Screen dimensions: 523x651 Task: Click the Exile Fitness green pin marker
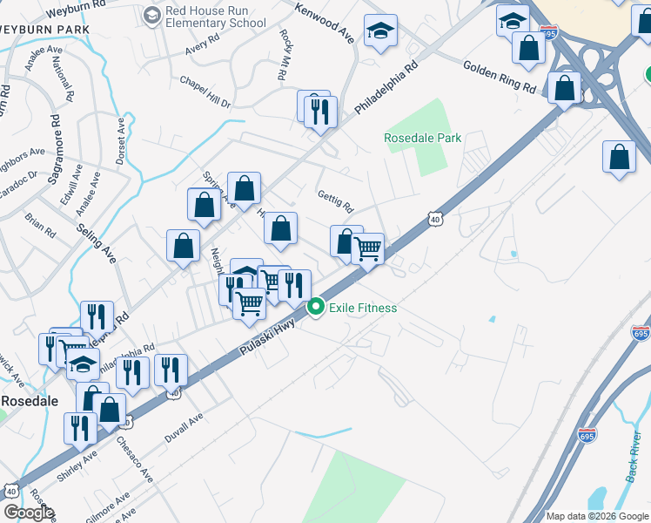316,308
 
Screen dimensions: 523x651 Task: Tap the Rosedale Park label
423,138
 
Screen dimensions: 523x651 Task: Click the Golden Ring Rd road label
500,77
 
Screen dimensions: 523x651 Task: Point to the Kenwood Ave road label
325,24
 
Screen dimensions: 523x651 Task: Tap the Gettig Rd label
335,202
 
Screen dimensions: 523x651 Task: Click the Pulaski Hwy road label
266,337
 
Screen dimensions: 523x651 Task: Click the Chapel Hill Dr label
205,91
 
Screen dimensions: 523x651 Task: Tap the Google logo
28,513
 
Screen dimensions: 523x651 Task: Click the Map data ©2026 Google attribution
596,516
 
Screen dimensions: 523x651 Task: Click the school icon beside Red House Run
152,15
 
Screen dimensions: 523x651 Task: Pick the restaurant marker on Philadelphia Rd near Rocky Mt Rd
318,111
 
